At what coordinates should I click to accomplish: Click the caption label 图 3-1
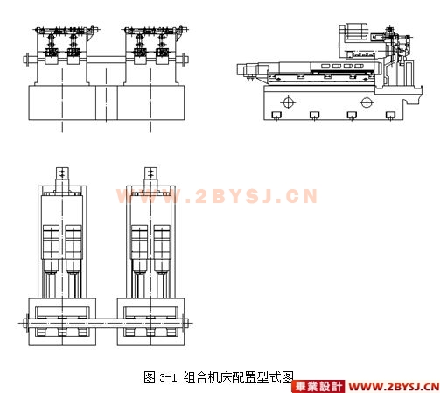pyautogui.click(x=160, y=377)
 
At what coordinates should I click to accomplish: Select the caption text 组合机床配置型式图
pyautogui.click(x=238, y=377)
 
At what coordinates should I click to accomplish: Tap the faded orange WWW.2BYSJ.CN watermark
pyautogui.click(x=217, y=196)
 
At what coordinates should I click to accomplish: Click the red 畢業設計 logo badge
pyautogui.click(x=318, y=387)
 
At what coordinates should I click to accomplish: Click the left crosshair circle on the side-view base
pyautogui.click(x=288, y=102)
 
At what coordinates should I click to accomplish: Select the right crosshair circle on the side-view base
pyautogui.click(x=367, y=102)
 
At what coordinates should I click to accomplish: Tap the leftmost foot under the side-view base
pyautogui.click(x=276, y=116)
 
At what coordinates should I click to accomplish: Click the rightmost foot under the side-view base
pyautogui.click(x=390, y=116)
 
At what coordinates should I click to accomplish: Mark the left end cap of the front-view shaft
pyautogui.click(x=27, y=60)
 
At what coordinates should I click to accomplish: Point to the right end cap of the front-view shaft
pyautogui.click(x=184, y=60)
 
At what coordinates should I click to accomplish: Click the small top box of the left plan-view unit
pyautogui.click(x=62, y=176)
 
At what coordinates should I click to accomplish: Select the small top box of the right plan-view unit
pyautogui.click(x=150, y=176)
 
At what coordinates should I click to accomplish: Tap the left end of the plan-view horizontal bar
pyautogui.click(x=25, y=323)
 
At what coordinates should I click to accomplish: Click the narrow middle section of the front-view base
pyautogui.click(x=107, y=102)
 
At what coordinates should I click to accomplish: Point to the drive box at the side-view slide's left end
pyautogui.click(x=248, y=71)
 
